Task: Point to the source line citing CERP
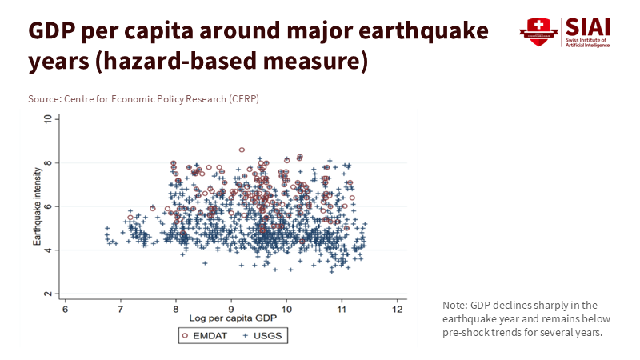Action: click(x=143, y=98)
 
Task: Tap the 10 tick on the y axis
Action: click(x=49, y=118)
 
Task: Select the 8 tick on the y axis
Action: click(x=49, y=162)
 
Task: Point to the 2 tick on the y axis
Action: click(x=49, y=294)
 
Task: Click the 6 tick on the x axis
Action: click(x=66, y=308)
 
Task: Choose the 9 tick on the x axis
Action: click(x=231, y=308)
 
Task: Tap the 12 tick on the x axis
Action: click(x=397, y=308)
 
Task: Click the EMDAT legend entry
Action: click(x=203, y=336)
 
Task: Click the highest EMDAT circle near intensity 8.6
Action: click(x=242, y=150)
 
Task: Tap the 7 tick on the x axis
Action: click(x=121, y=308)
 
